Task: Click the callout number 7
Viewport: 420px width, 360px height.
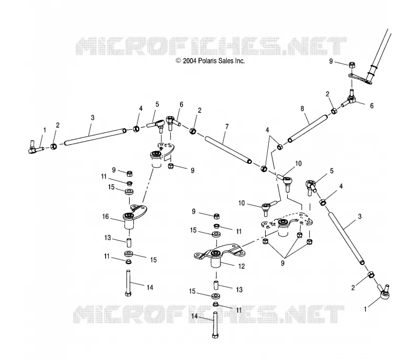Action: click(x=227, y=126)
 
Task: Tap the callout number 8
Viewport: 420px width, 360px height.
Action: click(x=302, y=109)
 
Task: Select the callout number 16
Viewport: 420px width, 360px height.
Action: click(x=106, y=216)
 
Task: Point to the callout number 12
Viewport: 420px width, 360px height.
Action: click(x=241, y=266)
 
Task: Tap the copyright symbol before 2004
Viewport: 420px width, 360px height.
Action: click(x=178, y=61)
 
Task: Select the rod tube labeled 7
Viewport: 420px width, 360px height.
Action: click(x=228, y=150)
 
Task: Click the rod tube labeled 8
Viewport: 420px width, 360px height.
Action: click(x=308, y=129)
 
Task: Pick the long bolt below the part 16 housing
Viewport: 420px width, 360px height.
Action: click(x=128, y=283)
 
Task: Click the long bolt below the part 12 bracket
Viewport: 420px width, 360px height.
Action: click(x=216, y=325)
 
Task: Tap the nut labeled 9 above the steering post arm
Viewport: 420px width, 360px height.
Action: click(x=352, y=65)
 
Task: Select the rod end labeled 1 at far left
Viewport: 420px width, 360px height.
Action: click(x=36, y=147)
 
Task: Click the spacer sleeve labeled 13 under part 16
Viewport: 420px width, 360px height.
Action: click(x=129, y=243)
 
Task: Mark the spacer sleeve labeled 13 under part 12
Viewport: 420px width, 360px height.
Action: click(x=216, y=285)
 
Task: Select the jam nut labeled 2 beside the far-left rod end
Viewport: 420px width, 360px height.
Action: click(x=54, y=146)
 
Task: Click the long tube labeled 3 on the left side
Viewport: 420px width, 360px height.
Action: click(x=95, y=137)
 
